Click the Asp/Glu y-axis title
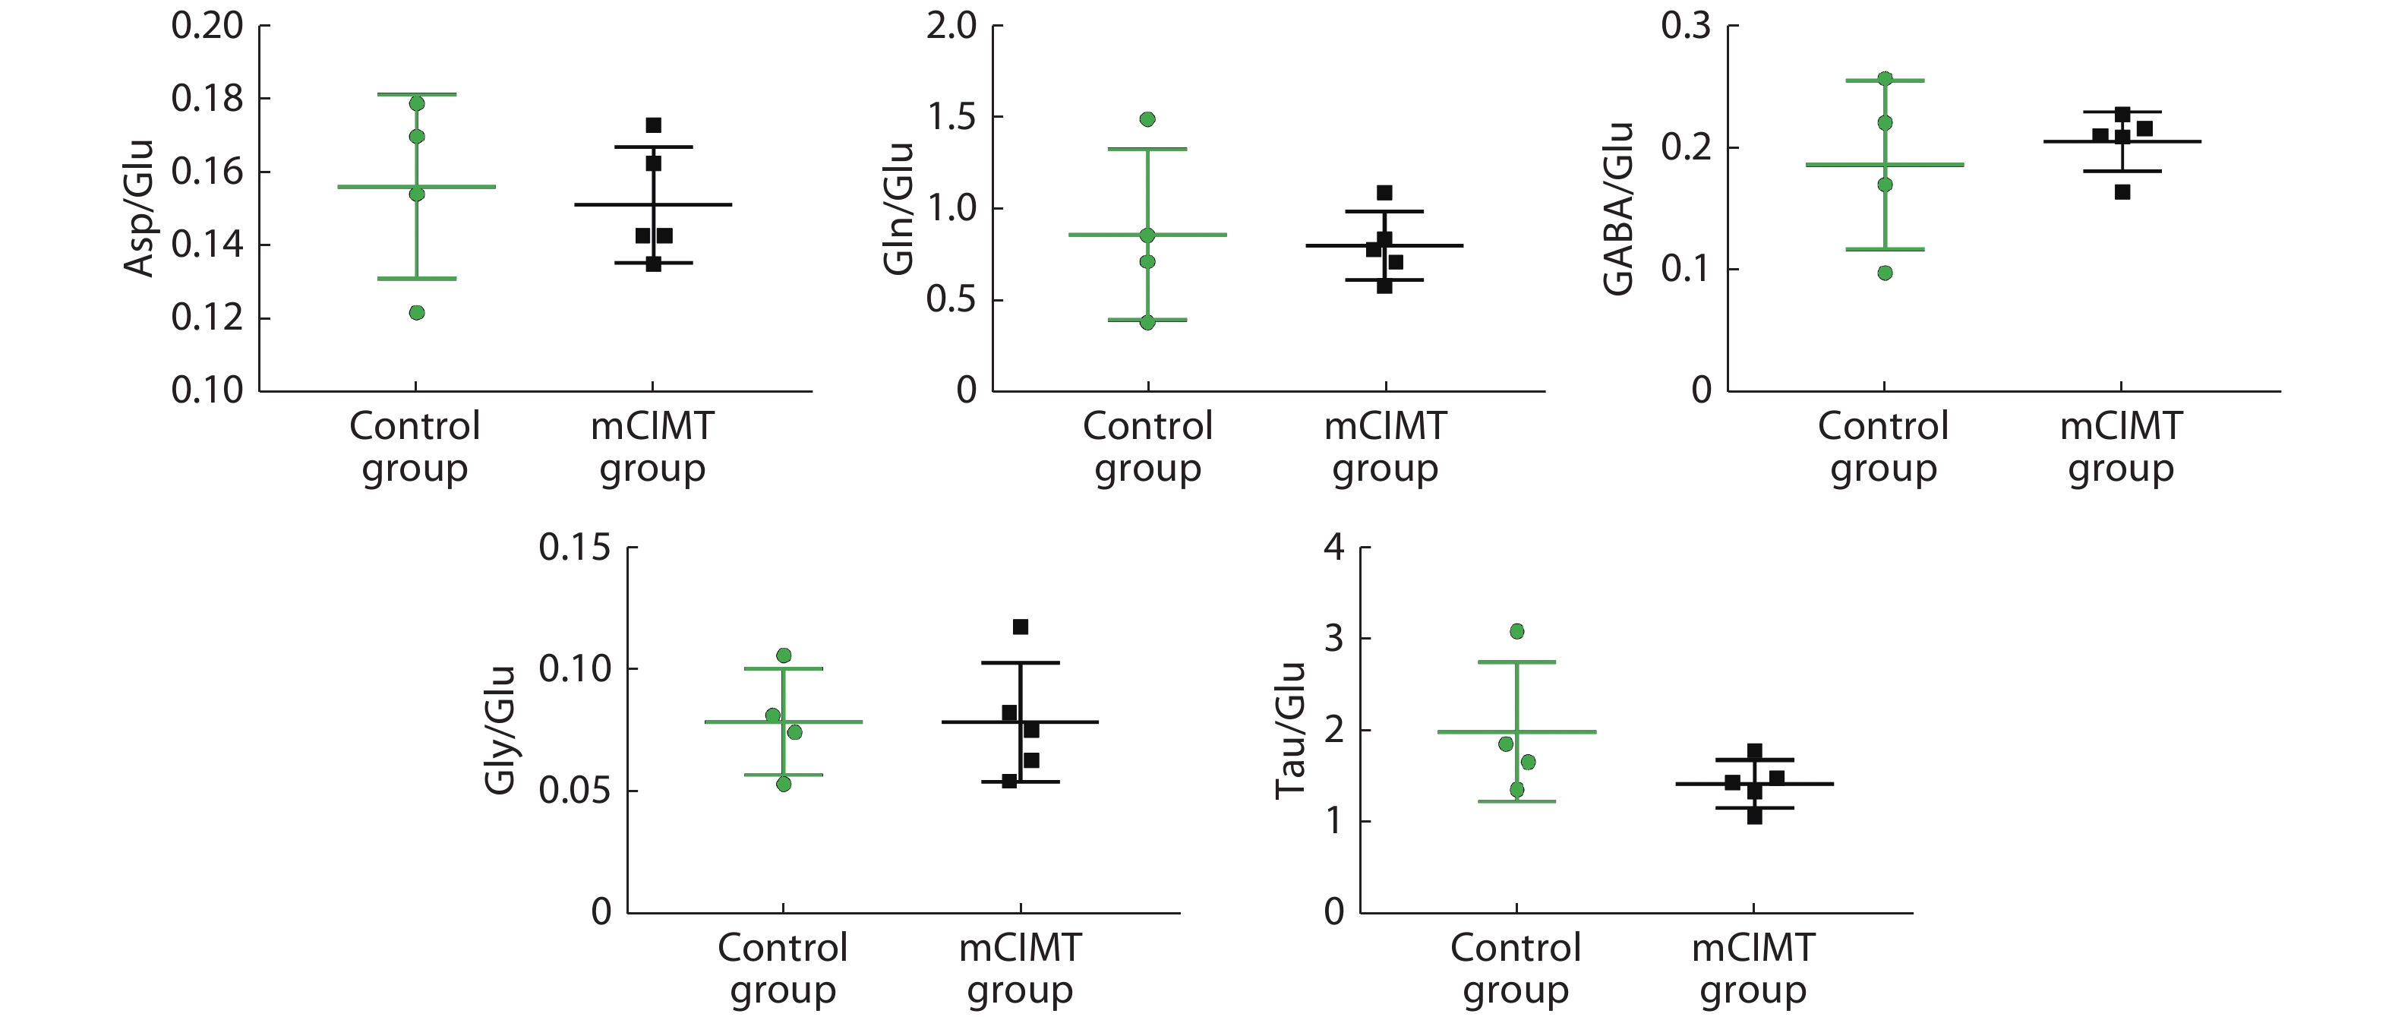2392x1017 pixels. tap(138, 208)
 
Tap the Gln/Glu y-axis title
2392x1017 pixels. tap(899, 208)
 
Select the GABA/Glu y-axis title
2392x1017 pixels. tap(1618, 208)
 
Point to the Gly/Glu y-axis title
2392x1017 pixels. tap(500, 730)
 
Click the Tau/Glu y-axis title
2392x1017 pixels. tap(1291, 730)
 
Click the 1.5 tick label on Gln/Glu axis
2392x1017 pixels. tap(951, 117)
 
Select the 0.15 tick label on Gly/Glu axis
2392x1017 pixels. tap(575, 548)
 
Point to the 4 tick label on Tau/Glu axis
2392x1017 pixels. tap(1334, 547)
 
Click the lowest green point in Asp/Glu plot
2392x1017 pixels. tap(417, 313)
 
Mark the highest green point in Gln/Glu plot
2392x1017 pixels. tap(1147, 120)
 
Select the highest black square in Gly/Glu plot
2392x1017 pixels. tap(1021, 627)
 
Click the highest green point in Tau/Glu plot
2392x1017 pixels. tap(1517, 632)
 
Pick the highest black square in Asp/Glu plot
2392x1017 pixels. tap(654, 125)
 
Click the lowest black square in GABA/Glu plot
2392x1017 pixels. tap(2122, 192)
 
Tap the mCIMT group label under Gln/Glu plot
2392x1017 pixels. tap(1385, 447)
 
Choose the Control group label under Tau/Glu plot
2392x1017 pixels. tap(1516, 968)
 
